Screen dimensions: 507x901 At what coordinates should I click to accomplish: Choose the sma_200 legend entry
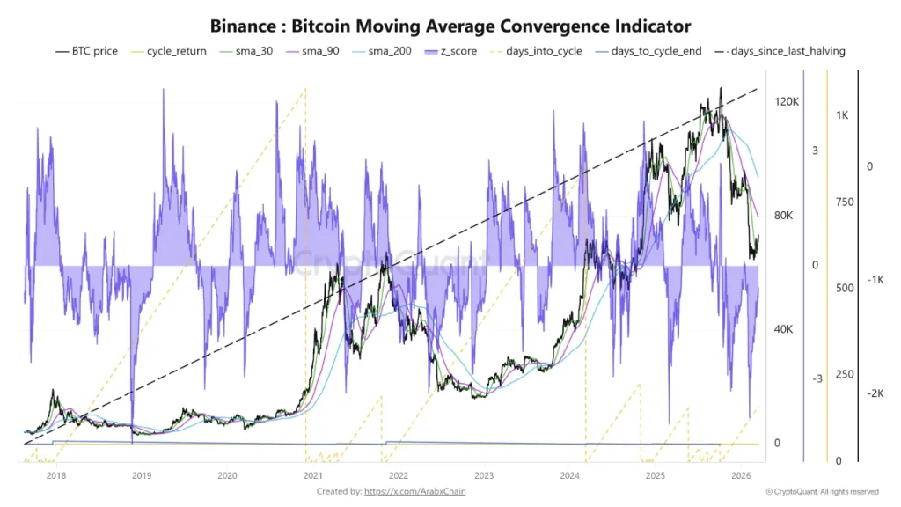pyautogui.click(x=386, y=51)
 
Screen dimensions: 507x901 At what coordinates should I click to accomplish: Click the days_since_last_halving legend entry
pyautogui.click(x=780, y=51)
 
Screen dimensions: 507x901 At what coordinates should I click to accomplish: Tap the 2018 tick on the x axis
pyautogui.click(x=55, y=476)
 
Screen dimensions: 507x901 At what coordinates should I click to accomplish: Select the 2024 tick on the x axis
pyautogui.click(x=570, y=476)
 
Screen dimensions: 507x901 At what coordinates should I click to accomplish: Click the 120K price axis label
pyautogui.click(x=786, y=102)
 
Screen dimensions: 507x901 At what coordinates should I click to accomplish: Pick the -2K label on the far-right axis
pyautogui.click(x=875, y=393)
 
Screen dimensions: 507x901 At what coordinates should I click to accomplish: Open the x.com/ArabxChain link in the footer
pyautogui.click(x=414, y=491)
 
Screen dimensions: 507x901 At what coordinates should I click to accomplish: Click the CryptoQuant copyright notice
pyautogui.click(x=822, y=491)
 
